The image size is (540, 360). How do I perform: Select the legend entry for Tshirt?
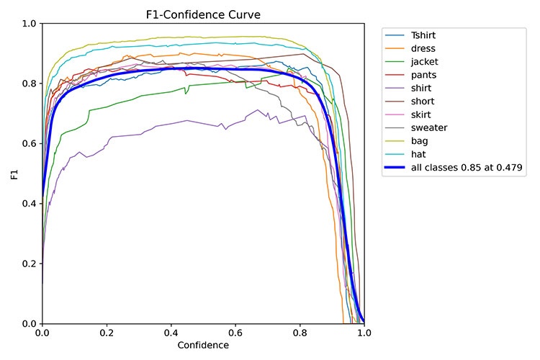[x=426, y=35]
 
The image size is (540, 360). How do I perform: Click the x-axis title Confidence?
[x=203, y=346]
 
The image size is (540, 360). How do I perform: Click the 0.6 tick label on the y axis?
[x=30, y=143]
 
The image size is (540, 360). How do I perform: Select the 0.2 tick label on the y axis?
[x=30, y=264]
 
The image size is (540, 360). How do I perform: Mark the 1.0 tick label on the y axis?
[x=30, y=23]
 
